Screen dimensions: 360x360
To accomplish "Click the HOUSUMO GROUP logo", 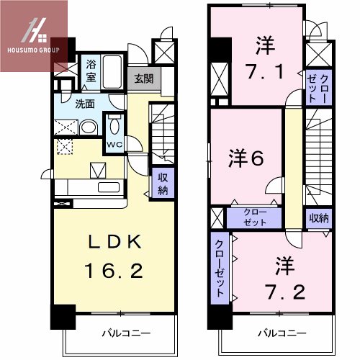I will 34,36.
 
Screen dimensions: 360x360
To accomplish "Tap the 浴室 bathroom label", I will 91,69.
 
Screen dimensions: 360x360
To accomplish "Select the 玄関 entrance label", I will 142,78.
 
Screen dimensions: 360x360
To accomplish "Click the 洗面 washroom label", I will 86,104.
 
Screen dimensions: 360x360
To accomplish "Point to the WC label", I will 114,143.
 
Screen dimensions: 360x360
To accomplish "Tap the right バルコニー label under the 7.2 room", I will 281,334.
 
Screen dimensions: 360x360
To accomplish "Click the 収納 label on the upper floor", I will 320,217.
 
